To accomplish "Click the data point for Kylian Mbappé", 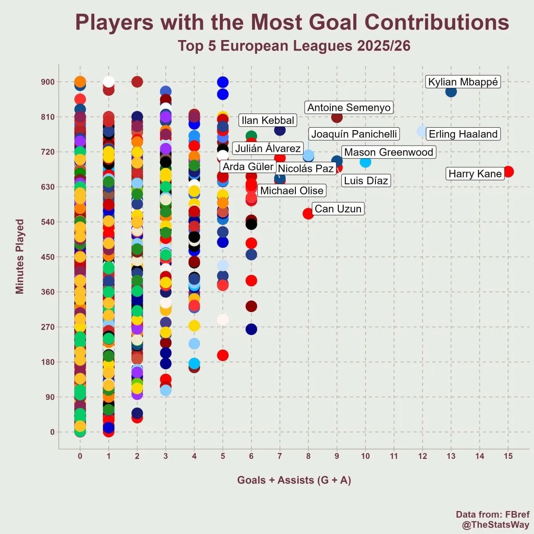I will [451, 91].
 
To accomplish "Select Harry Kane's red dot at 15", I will [508, 171].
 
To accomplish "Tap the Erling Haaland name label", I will [463, 134].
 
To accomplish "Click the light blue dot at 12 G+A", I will [422, 131].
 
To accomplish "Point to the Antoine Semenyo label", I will [349, 108].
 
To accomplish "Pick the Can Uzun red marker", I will [308, 214].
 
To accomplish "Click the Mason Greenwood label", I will [388, 152].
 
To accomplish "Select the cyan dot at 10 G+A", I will [365, 162].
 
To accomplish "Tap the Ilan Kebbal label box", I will [268, 121].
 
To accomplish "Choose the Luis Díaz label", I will [366, 181].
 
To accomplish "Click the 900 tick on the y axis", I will [48, 82].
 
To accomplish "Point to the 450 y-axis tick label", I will [48, 257].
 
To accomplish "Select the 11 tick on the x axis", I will [394, 456].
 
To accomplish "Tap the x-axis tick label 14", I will [480, 456].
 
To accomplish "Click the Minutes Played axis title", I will [20, 257].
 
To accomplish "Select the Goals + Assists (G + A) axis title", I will [294, 480].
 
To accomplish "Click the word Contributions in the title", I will [437, 23].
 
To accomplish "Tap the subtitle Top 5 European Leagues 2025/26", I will [294, 46].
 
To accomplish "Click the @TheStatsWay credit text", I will [496, 525].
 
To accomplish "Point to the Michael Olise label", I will [292, 191].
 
